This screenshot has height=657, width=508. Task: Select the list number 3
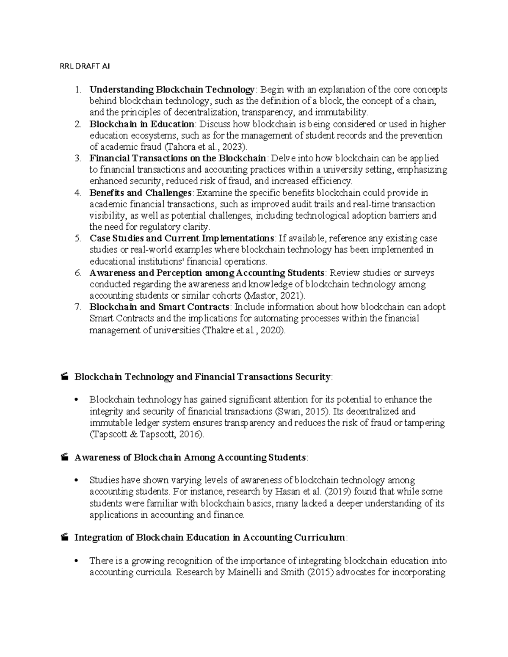tap(77, 159)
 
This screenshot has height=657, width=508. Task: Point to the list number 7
tap(77, 307)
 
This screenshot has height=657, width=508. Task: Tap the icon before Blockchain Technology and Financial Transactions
tap(64, 377)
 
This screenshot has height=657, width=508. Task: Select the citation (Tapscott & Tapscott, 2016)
tap(146, 434)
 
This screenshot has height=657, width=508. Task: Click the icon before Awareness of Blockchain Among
tap(64, 457)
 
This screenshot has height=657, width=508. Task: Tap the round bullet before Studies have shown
tap(77, 481)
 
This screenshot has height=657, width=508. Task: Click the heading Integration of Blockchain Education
tap(210, 538)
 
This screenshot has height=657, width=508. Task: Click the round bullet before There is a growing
tap(77, 561)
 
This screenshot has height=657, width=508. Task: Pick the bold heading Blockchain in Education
tap(141, 124)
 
